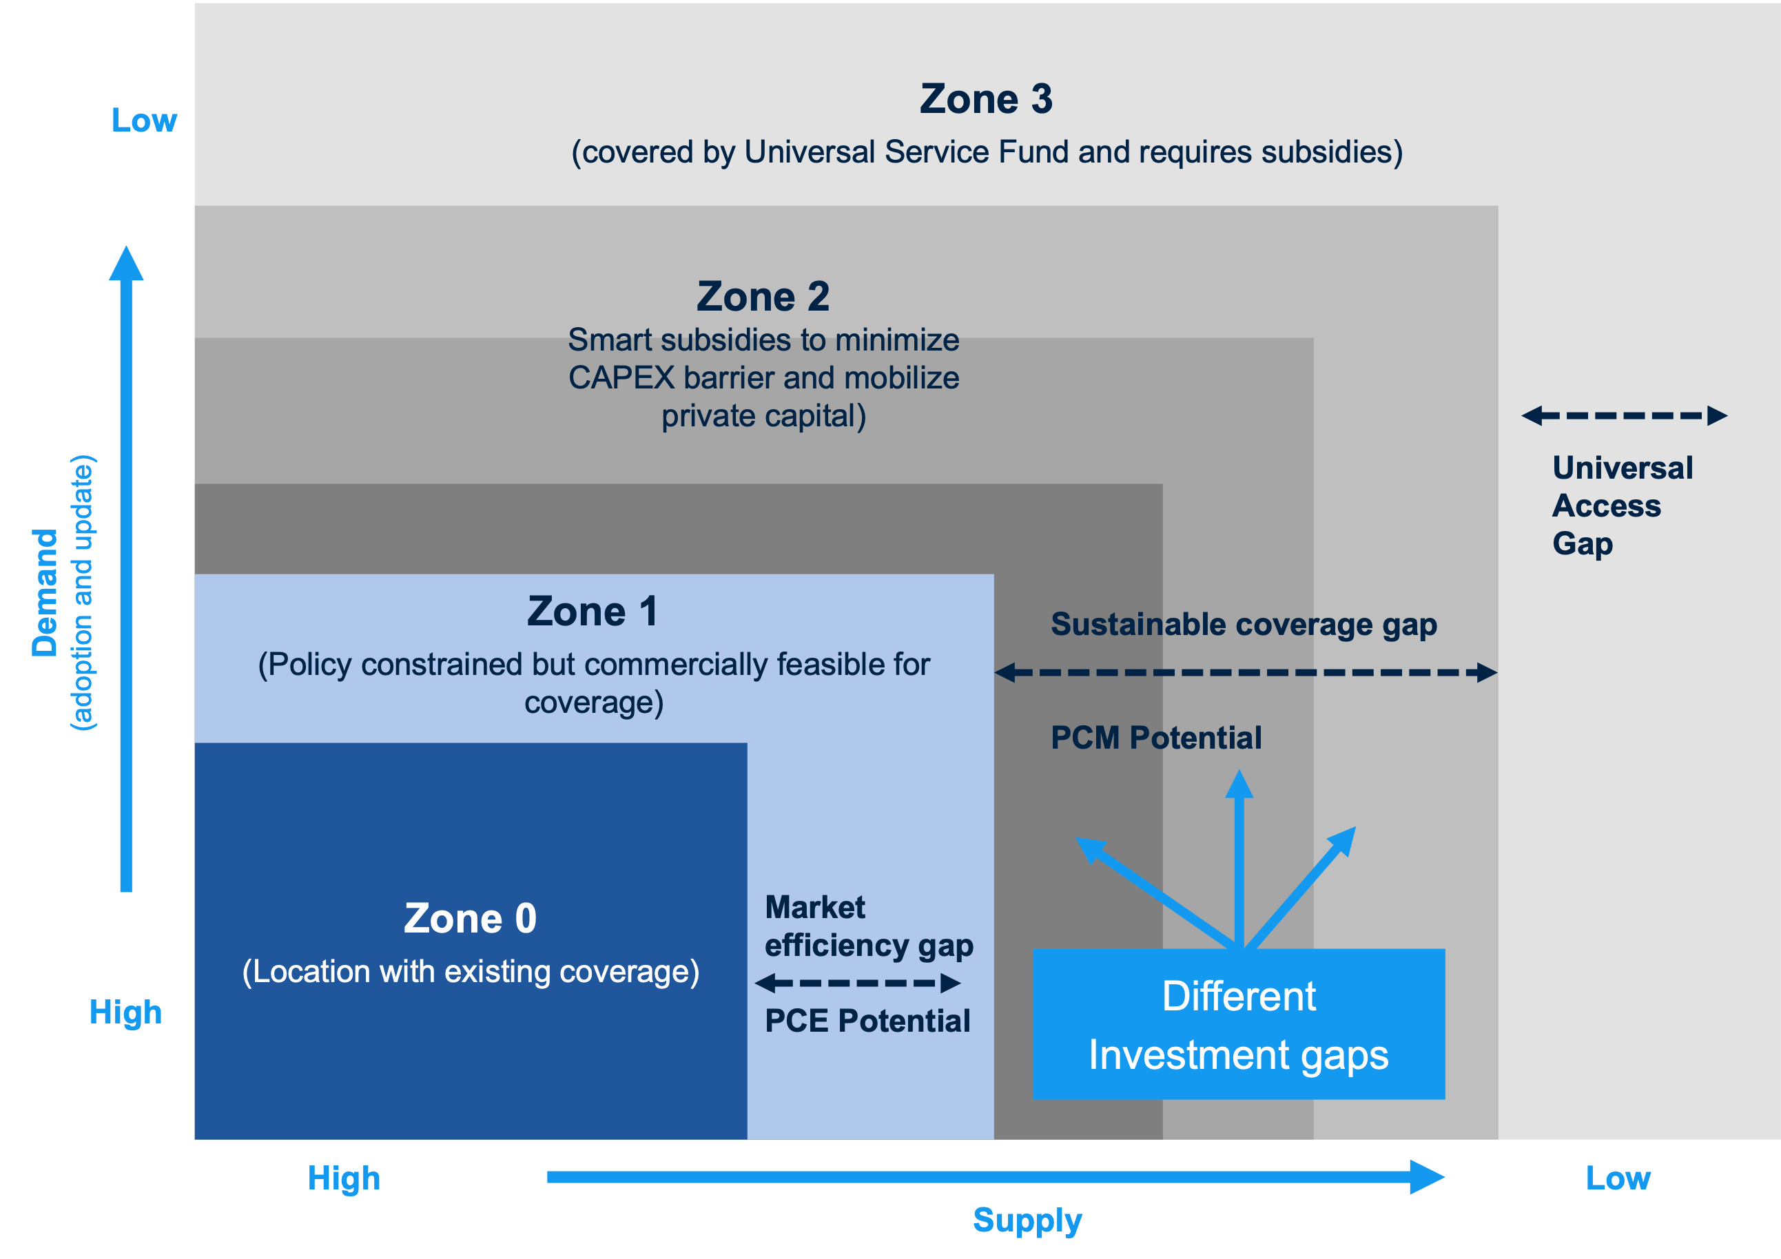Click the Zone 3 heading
click(986, 99)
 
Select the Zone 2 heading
click(763, 297)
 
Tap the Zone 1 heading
click(593, 612)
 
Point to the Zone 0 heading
click(470, 919)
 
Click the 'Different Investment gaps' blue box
click(1238, 1024)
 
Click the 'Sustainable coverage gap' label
click(1244, 625)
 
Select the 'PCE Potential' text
click(867, 1021)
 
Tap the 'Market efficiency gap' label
click(868, 926)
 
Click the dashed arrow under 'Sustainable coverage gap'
click(1245, 672)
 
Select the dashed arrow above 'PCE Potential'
click(857, 983)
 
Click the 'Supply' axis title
click(1027, 1220)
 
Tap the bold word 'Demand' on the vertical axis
click(45, 593)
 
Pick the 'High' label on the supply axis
click(344, 1178)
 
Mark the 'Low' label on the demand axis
click(144, 121)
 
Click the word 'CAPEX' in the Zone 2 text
click(621, 378)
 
